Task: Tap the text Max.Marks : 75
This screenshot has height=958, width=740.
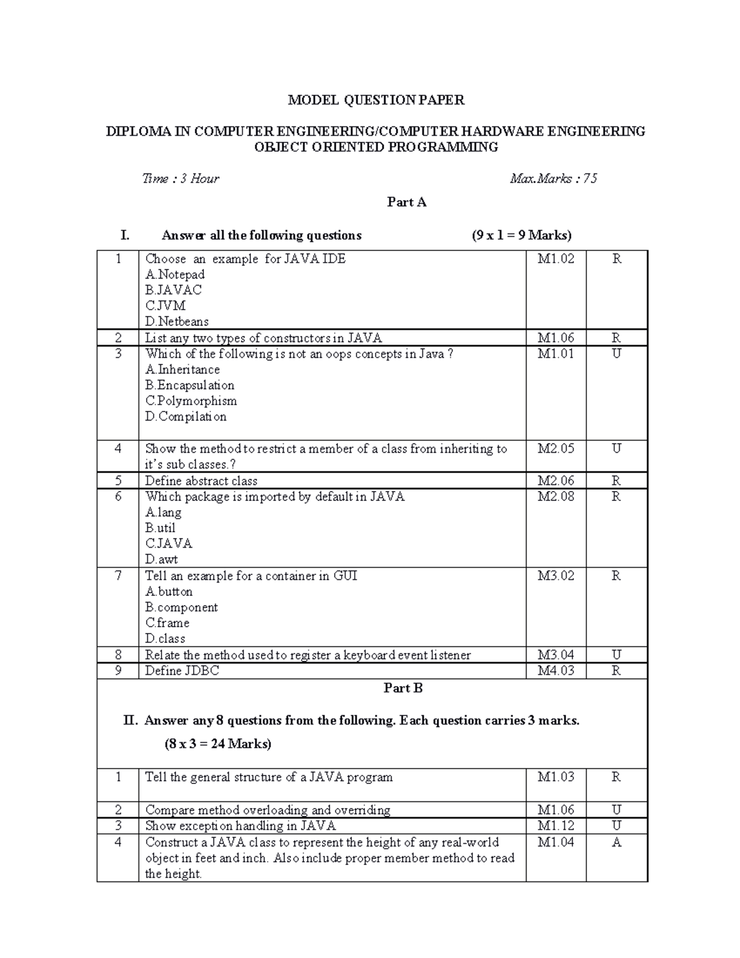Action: tap(553, 179)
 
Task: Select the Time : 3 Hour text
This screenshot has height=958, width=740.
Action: tap(180, 179)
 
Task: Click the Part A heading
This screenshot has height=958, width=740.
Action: tap(406, 202)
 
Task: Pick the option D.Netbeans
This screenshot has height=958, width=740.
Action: tap(177, 321)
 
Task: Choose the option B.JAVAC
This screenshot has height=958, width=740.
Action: tap(173, 290)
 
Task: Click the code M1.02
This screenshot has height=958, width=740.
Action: tap(556, 259)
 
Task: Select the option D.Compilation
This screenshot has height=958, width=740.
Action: tap(186, 416)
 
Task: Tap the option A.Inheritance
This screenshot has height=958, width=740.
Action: tap(183, 370)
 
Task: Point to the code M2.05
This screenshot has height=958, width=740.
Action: tap(556, 449)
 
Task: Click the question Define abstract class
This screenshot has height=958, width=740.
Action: tap(201, 481)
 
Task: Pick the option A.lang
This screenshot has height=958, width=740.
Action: tap(163, 513)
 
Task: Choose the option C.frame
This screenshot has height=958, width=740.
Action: tap(167, 623)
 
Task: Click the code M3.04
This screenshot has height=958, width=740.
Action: tap(556, 655)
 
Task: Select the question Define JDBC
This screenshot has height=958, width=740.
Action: tap(182, 671)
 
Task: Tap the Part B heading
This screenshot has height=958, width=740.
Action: tap(403, 688)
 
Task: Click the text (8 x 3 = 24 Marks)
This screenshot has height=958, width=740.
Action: tap(218, 744)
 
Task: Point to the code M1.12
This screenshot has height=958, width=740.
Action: tap(556, 826)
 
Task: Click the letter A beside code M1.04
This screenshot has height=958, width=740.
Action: tap(616, 843)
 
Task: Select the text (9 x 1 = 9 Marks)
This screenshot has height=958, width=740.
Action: tap(521, 235)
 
